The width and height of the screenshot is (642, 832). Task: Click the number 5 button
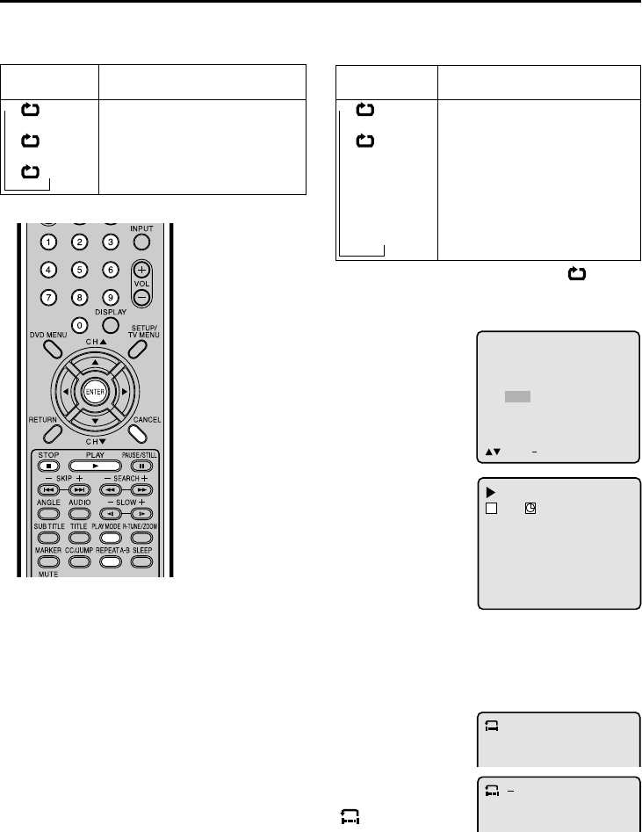[79, 271]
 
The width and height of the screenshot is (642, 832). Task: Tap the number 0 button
[79, 326]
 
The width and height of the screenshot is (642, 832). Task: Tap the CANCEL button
[138, 431]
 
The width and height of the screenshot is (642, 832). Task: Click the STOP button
[48, 465]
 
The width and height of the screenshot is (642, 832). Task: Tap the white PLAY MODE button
[109, 536]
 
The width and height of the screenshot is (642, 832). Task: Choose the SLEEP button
[141, 560]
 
